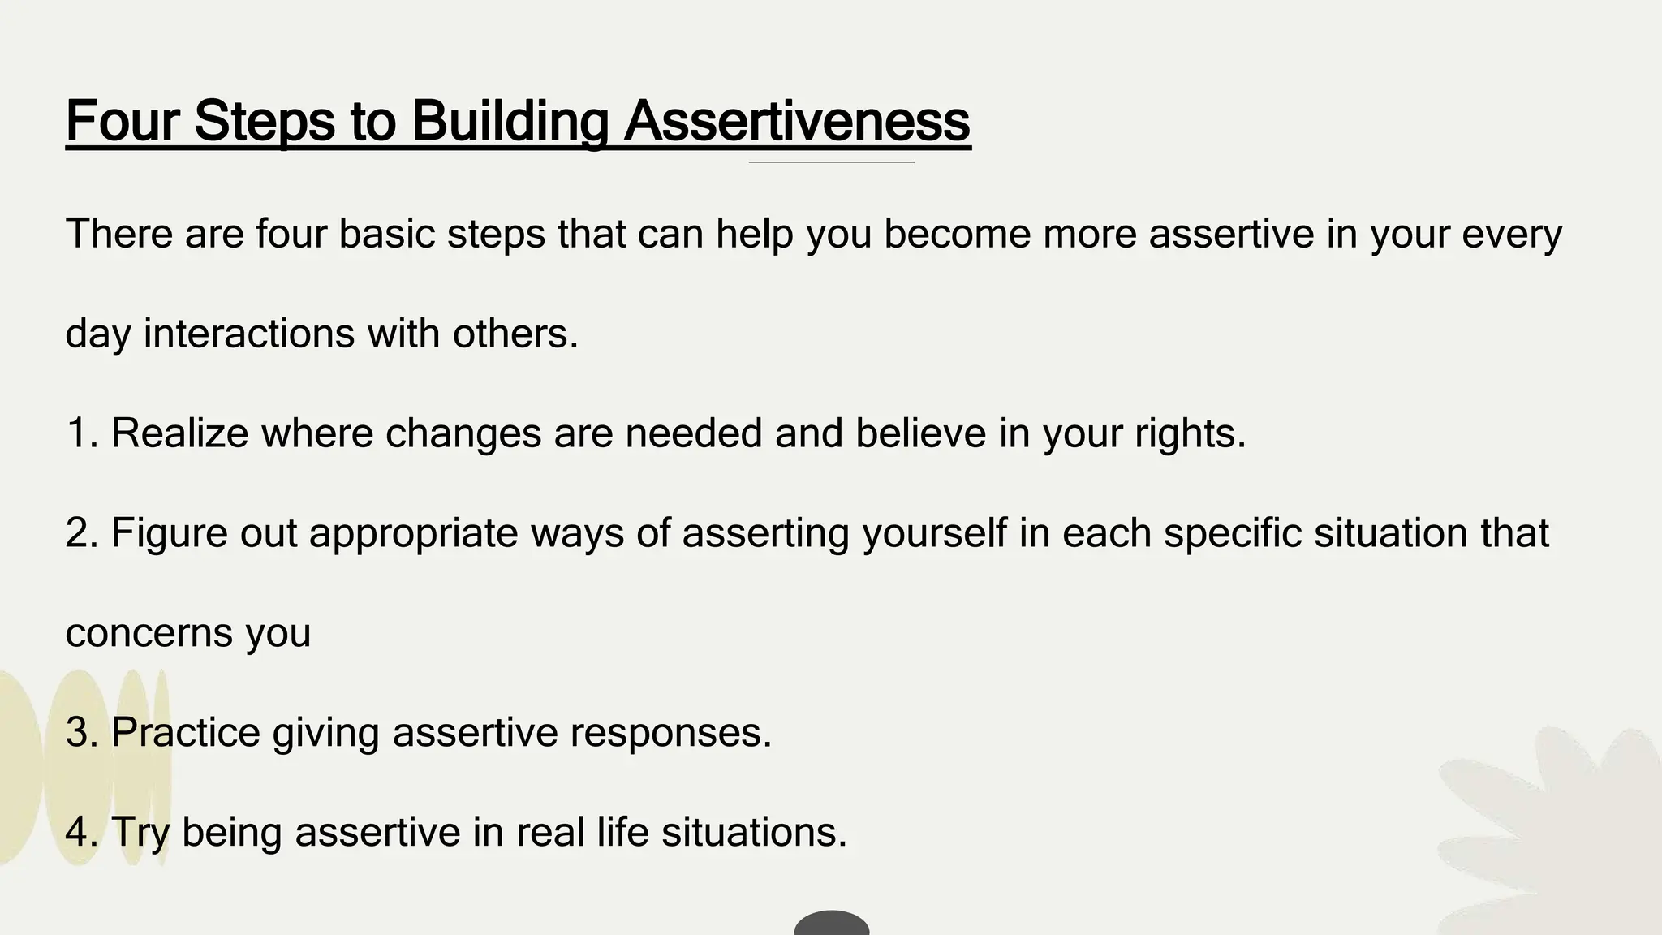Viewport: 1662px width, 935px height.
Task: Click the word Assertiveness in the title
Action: pos(797,122)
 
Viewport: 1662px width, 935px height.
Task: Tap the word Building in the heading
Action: pos(510,122)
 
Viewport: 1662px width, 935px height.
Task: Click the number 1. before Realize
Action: pos(82,433)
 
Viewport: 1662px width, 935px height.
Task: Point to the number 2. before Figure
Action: pos(82,533)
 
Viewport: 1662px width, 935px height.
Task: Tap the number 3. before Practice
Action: pos(82,732)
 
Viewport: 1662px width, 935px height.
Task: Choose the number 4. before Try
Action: pos(82,832)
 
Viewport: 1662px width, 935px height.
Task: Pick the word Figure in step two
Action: pos(170,533)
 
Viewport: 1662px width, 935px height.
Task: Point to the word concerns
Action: pos(148,633)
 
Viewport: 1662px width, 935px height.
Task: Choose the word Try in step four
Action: pos(140,834)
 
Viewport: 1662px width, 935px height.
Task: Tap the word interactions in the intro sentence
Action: pos(249,334)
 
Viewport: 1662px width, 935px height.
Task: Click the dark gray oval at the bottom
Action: pos(832,924)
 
